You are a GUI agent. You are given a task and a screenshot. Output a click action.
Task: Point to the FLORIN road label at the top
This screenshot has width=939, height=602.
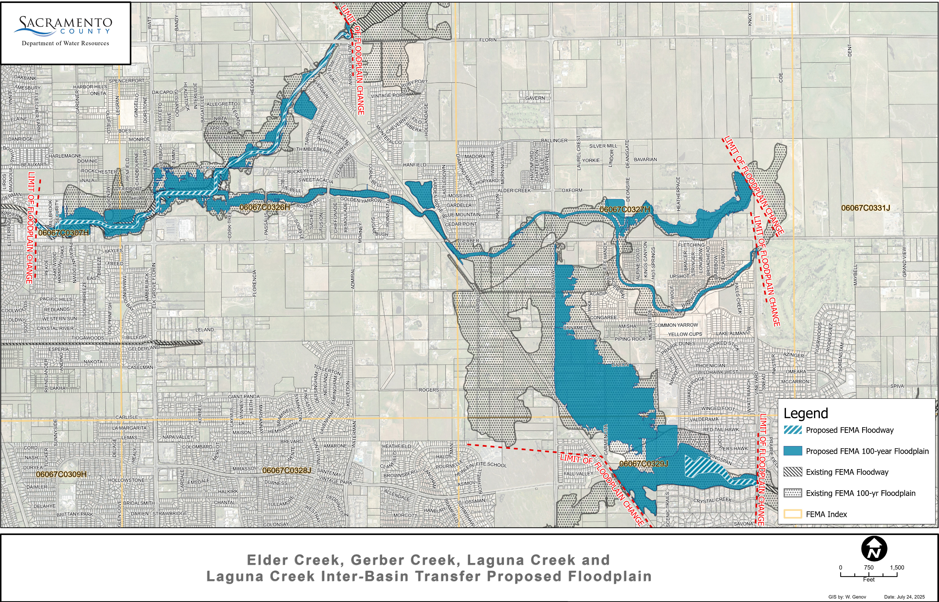tap(488, 40)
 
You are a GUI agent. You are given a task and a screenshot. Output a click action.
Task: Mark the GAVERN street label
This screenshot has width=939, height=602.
tap(535, 98)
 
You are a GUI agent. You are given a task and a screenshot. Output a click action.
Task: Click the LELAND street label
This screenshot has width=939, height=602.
tap(205, 329)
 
